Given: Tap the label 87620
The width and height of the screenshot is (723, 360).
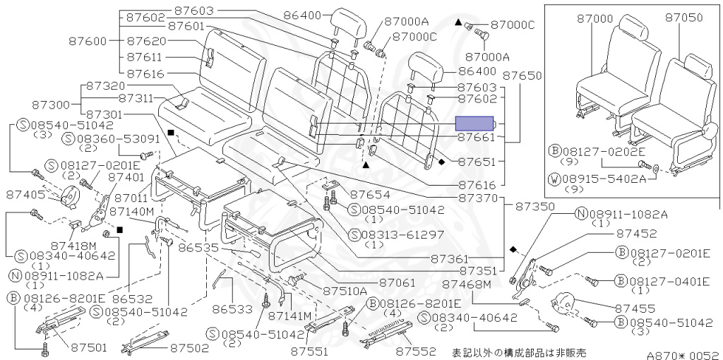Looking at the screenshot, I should coord(146,42).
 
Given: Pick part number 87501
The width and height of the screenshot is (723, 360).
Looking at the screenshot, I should coord(88,347).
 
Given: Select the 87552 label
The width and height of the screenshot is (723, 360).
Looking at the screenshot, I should coord(414,350).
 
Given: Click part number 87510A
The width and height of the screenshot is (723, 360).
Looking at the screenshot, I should coord(345,291).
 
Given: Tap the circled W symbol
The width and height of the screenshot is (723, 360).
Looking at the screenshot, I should coord(554,179).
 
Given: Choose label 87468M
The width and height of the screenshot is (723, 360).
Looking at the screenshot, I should coord(466,284).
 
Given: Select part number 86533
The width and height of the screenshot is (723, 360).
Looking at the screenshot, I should coord(232,309).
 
